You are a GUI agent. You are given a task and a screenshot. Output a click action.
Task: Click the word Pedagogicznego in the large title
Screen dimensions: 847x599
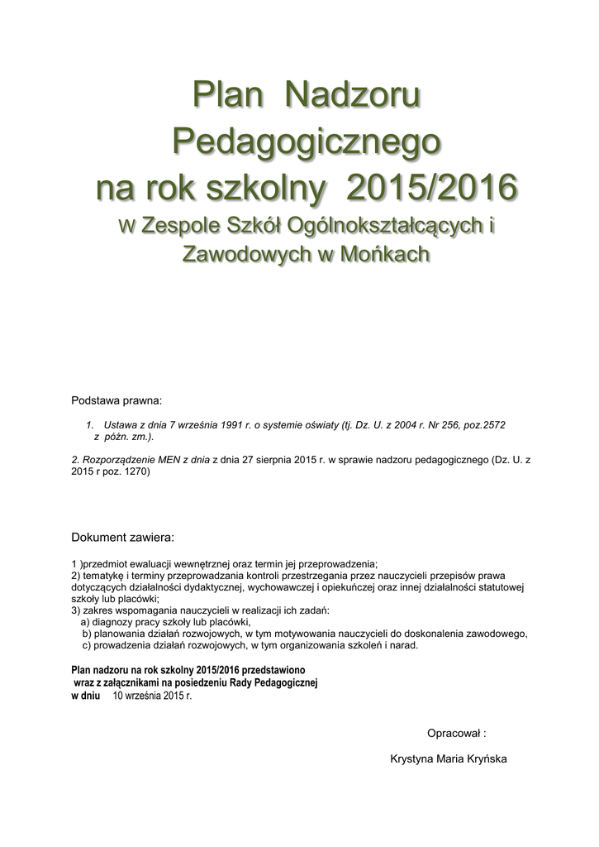coord(306,142)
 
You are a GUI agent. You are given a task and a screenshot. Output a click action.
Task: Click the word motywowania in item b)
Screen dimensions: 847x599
coord(301,634)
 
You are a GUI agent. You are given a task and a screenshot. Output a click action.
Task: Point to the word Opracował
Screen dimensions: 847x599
coord(453,732)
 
